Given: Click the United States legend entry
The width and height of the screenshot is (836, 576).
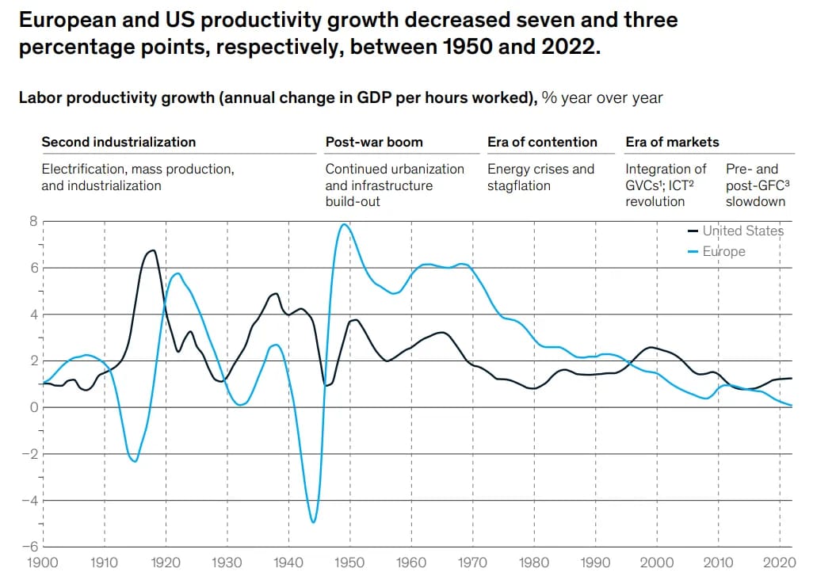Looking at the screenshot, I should pos(742,231).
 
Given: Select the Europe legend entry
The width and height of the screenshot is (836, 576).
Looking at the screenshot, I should pos(723,251).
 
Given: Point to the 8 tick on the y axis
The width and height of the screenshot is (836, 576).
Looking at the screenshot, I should pos(33,221).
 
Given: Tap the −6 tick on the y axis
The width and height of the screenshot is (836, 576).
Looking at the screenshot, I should pos(31,547).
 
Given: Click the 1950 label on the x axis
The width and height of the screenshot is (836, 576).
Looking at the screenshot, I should pos(349,563).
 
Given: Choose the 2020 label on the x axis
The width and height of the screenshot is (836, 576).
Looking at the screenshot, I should pos(780,563).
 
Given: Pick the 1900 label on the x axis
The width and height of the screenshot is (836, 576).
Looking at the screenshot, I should pos(42,563).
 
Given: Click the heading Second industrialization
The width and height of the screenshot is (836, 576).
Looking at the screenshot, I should pos(118,142).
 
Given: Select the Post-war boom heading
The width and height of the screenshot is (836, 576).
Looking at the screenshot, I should pos(374,142).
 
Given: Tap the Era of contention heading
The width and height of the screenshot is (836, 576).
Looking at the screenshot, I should pos(542,142).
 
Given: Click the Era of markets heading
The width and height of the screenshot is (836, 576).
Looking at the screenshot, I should pos(672,142).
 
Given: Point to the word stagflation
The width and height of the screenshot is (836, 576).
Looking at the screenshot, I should pos(519,185).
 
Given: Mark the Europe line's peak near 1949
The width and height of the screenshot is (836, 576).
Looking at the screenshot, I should pos(344,224).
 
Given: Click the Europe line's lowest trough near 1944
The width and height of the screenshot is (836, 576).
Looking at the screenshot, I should pos(313,522).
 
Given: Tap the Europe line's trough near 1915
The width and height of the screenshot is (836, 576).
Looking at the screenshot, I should pos(135,460).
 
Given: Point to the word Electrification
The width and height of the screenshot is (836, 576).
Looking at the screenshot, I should pos(84,169).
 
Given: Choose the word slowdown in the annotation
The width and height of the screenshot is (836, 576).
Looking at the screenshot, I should pos(755,201).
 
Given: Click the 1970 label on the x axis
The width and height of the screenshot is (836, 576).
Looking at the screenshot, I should pos(472,563).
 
